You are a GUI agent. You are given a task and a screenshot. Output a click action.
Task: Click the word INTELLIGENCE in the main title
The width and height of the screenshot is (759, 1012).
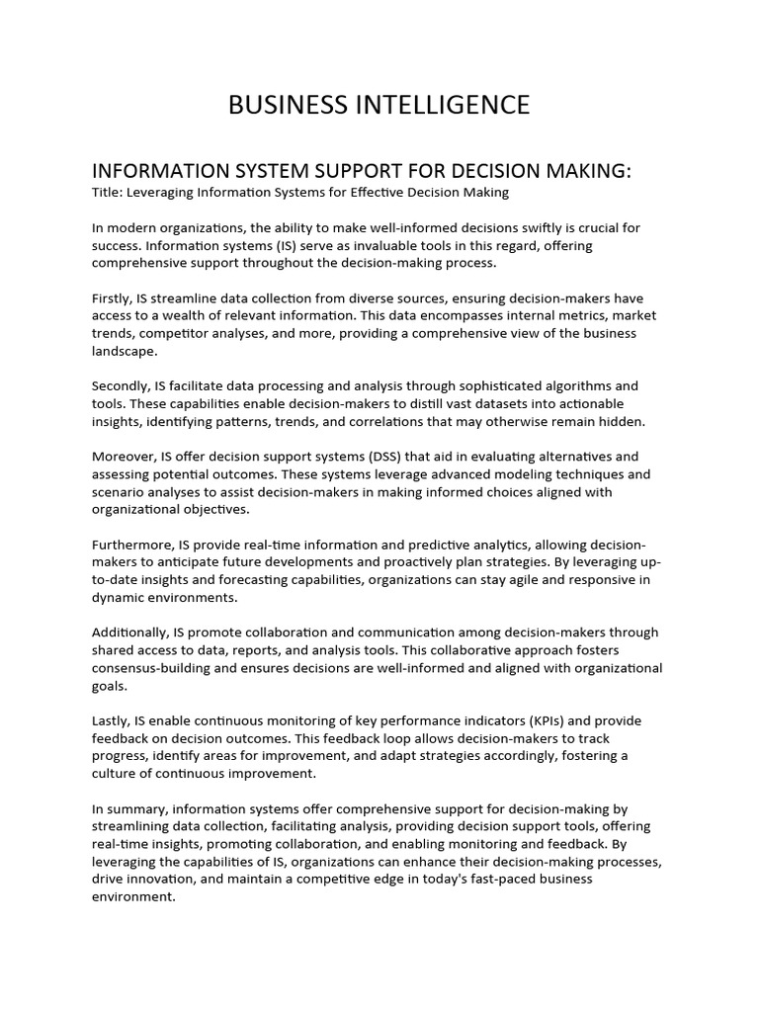point(436,105)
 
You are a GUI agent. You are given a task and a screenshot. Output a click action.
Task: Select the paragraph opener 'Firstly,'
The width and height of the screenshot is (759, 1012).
point(117,297)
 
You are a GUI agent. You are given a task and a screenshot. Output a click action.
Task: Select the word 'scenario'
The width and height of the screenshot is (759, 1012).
point(120,491)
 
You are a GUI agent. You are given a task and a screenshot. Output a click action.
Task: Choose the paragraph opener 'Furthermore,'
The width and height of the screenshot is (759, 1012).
point(133,545)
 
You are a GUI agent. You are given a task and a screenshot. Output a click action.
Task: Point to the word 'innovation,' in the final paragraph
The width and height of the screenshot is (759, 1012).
point(163,880)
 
